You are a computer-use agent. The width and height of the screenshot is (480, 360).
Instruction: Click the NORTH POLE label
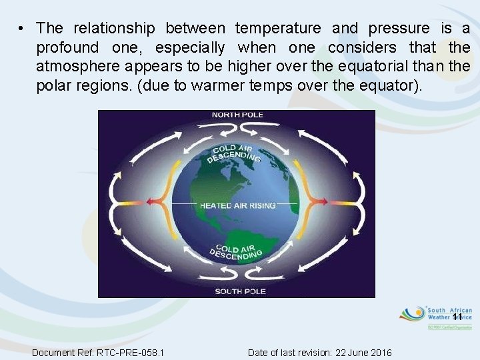click(237, 115)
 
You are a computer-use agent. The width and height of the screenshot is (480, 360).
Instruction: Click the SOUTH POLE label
click(240, 291)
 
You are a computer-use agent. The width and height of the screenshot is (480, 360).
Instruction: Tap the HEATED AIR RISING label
click(237, 206)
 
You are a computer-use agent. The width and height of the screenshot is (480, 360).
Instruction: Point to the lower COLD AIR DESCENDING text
click(236, 252)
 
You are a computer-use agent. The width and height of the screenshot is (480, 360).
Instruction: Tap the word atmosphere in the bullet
click(79, 67)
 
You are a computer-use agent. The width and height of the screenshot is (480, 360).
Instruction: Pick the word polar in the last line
click(53, 87)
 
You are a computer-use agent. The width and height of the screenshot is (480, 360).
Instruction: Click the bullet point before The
click(22, 29)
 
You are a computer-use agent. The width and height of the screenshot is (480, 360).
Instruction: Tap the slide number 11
click(457, 317)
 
